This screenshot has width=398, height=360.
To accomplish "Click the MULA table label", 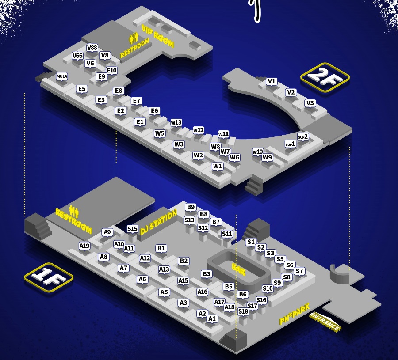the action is tap(62, 76).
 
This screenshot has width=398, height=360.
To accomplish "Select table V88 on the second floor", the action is tap(92, 48).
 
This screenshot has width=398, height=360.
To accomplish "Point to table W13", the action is tap(176, 123).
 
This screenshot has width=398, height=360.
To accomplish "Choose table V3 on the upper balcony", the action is tap(310, 103).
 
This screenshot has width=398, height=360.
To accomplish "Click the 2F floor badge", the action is tap(325, 77).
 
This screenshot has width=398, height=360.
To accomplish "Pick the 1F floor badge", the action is tap(49, 277).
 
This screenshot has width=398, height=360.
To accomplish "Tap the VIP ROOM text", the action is tap(157, 36).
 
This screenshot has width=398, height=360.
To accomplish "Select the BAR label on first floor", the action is tap(239, 269).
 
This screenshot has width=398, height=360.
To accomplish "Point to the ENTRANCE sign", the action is tap(325, 321).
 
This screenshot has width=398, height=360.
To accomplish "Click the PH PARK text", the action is tap(295, 314).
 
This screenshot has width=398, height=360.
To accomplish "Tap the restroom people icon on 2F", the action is tap(134, 38).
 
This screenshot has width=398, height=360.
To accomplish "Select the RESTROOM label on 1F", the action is tap(73, 221).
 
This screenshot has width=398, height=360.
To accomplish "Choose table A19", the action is tap(84, 246).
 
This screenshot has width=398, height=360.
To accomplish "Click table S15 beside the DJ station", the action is tap(132, 229).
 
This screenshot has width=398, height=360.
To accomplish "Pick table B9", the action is tap(191, 207).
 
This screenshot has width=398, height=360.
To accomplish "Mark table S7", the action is tap(299, 271).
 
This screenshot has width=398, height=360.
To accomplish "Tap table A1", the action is tap(212, 318).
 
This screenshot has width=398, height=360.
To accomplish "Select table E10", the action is tap(112, 71).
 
